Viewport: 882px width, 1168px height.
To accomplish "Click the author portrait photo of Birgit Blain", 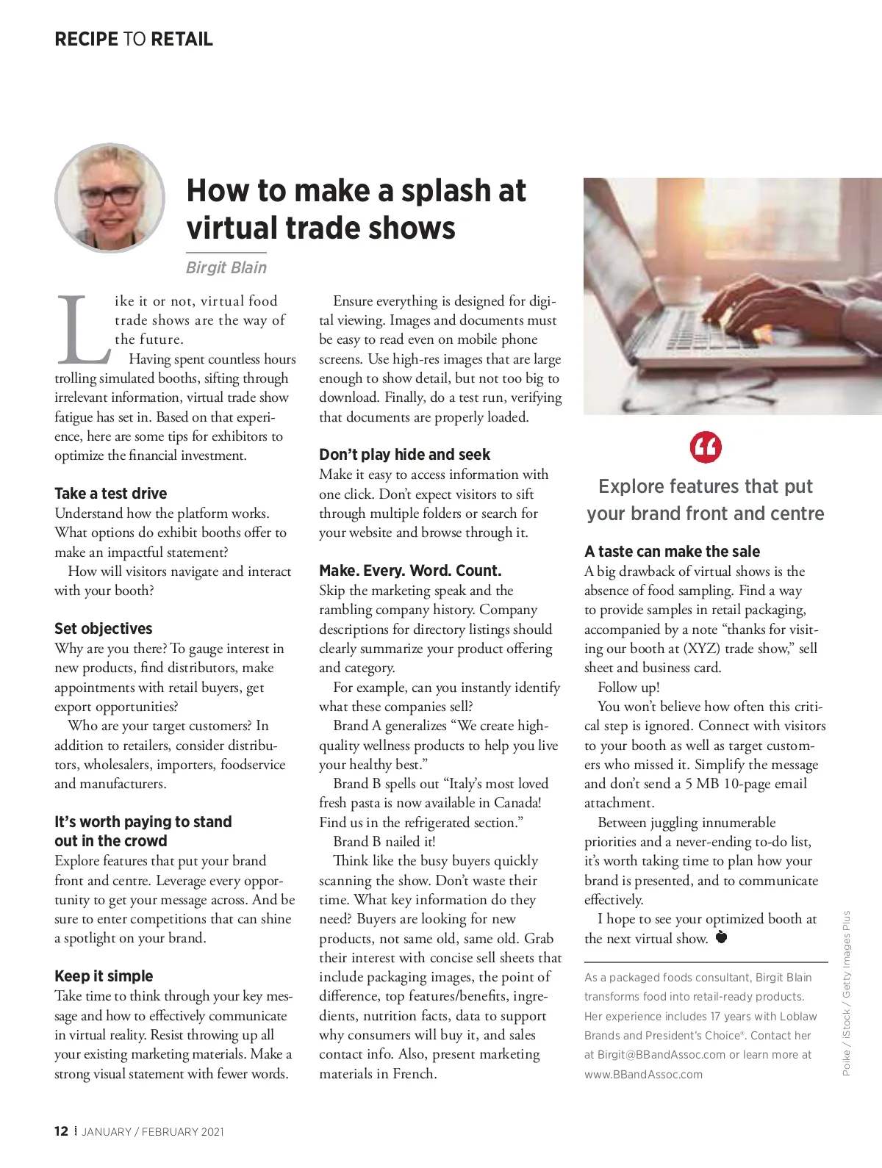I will [110, 198].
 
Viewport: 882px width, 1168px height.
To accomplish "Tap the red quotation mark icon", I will [706, 447].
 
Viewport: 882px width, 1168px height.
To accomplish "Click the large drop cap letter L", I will [82, 331].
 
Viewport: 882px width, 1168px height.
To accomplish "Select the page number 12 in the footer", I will [61, 1131].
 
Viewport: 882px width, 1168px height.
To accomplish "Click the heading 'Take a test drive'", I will [110, 494].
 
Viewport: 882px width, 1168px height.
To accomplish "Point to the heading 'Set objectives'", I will [103, 629].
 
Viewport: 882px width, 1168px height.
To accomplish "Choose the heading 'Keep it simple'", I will [104, 976].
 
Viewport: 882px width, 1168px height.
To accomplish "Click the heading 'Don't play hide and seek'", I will [404, 455].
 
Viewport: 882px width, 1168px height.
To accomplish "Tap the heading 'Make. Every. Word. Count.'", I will [410, 571].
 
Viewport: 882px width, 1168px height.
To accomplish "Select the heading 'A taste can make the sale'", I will [672, 552].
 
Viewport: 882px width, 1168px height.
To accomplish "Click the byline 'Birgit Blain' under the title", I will [226, 267].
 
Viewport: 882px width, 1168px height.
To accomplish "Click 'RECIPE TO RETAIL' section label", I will [134, 39].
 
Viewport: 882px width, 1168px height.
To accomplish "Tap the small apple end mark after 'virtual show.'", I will [721, 937].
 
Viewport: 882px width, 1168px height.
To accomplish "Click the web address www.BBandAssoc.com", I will [643, 1074].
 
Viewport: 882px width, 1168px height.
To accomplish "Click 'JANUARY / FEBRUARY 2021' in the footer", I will [153, 1132].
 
